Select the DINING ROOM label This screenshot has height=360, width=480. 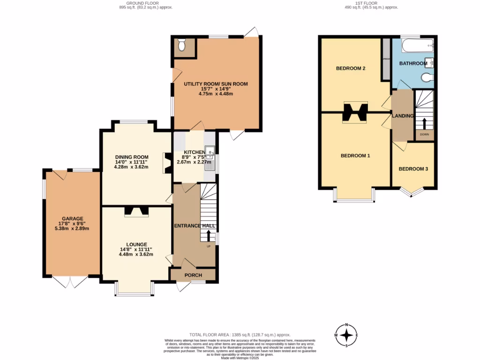click(132, 157)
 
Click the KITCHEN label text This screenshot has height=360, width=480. click(194, 152)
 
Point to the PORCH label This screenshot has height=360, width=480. click(193, 274)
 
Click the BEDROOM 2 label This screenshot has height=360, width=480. click(351, 68)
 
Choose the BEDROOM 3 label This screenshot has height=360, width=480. click(413, 169)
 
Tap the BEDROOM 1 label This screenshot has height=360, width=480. click(355, 155)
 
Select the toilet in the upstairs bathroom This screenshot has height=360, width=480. click(427, 77)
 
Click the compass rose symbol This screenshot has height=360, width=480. click(346, 335)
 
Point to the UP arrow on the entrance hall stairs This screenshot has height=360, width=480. click(209, 234)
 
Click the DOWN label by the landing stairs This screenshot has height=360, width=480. click(424, 135)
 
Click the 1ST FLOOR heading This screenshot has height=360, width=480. click(371, 3)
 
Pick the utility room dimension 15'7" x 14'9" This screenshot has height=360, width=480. click(216, 89)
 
